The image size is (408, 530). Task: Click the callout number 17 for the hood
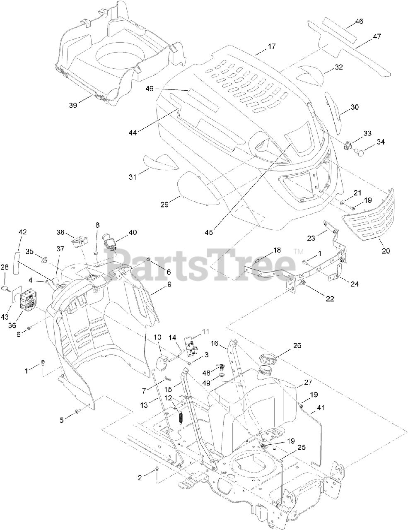(x=271, y=46)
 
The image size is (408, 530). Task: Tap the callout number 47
(x=377, y=36)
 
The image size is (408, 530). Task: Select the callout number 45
(x=209, y=232)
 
